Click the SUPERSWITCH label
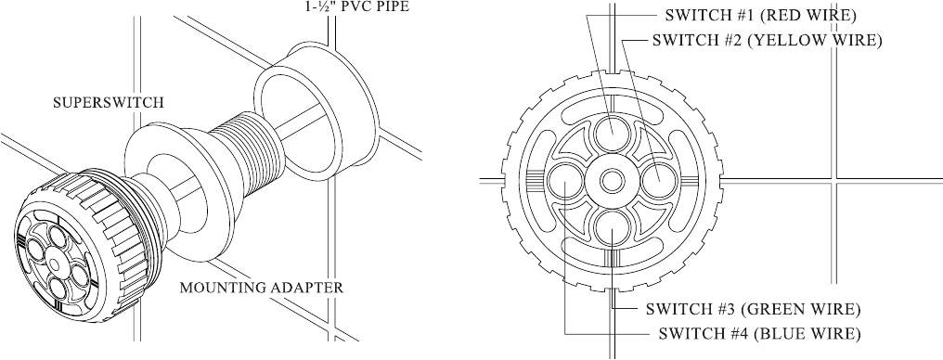tap(109, 102)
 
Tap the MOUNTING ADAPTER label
tap(262, 288)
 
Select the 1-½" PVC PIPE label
tap(349, 7)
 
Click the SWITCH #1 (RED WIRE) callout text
tap(760, 16)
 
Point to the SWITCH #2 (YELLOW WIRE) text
tap(768, 40)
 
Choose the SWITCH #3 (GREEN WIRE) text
tap(753, 310)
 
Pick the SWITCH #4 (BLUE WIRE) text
tap(759, 333)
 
